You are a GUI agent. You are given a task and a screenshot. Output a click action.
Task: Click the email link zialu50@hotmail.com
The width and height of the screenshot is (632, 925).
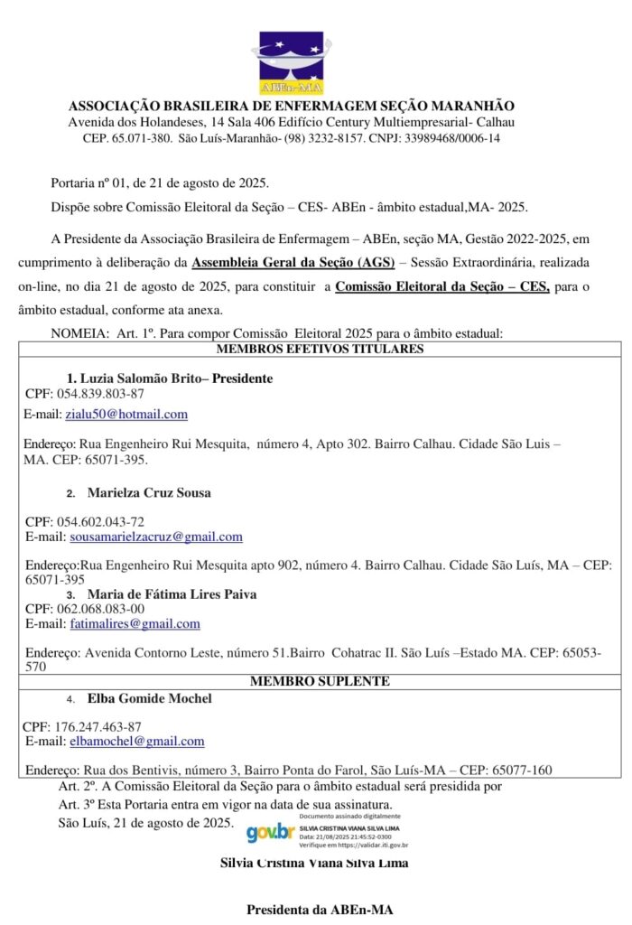tap(126, 415)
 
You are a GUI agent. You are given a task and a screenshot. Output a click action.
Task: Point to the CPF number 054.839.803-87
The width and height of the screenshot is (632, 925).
tap(100, 394)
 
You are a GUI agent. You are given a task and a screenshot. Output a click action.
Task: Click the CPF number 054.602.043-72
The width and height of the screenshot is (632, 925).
tap(100, 522)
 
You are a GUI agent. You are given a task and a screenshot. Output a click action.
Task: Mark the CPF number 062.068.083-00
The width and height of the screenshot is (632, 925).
tap(100, 609)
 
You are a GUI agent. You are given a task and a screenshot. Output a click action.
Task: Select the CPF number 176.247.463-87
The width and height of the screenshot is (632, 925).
tap(98, 726)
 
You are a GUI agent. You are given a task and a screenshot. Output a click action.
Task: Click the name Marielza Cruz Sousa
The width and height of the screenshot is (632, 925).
tap(150, 493)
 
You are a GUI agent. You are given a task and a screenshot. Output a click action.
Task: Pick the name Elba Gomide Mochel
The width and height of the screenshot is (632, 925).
tap(150, 698)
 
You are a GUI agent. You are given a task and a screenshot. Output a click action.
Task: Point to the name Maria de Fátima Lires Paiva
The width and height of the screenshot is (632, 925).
tap(172, 594)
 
